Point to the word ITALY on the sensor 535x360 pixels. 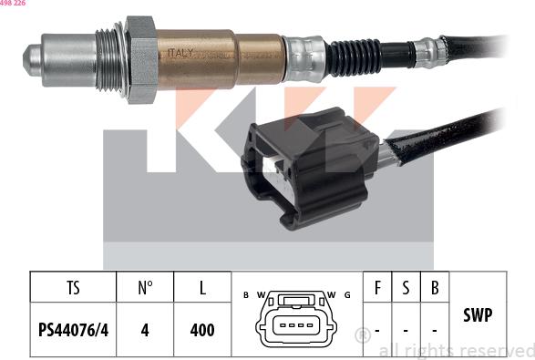[x=180, y=53]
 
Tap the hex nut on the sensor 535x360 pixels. [x=139, y=57]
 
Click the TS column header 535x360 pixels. [x=73, y=289]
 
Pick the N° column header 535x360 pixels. [x=144, y=289]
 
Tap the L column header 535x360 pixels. [x=202, y=289]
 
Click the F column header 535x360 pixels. [x=376, y=289]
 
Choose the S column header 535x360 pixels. [x=406, y=289]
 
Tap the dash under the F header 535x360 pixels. [x=376, y=330]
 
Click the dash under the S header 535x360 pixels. [x=406, y=330]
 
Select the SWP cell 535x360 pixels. [x=478, y=315]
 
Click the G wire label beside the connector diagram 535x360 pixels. [x=347, y=294]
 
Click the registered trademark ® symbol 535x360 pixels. [x=362, y=334]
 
